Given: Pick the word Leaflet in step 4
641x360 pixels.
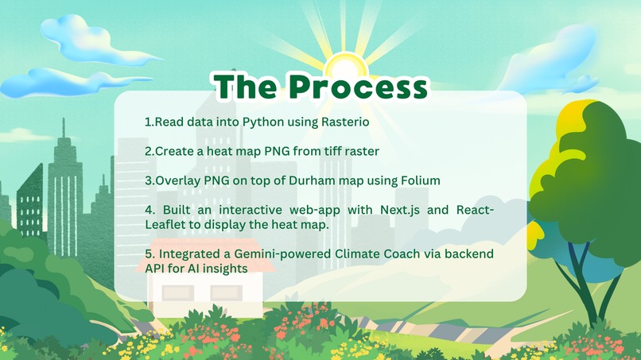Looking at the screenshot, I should (165, 224).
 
